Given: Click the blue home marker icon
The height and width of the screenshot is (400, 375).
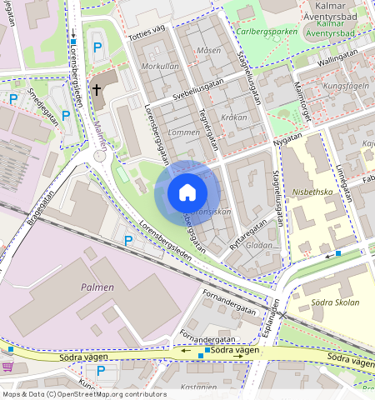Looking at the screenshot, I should (187, 193).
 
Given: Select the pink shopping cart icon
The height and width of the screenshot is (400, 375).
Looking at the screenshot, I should (7, 367).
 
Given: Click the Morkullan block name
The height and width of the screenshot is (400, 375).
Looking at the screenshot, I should (160, 66).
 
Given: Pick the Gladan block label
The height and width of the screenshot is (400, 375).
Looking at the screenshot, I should (259, 246).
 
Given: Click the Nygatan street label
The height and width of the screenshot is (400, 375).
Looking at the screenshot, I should (289, 137).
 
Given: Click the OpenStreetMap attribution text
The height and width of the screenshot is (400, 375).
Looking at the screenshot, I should (83, 394).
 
